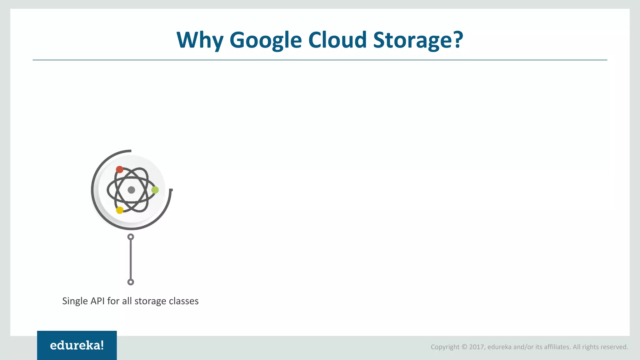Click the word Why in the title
coord(200,40)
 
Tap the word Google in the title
coord(266,40)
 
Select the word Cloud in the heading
coord(337,40)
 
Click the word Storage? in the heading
coord(418,40)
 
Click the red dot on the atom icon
coord(119,170)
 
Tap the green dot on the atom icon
coord(155,190)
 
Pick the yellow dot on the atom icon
coord(120,210)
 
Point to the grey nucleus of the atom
coord(131,190)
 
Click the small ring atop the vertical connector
coord(131,237)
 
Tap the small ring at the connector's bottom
coord(131,282)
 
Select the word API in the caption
coord(97,301)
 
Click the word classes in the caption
coord(184,301)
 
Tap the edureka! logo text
coord(77,345)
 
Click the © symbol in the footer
coord(464,347)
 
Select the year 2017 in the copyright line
coord(477,347)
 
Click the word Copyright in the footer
coord(445,347)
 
